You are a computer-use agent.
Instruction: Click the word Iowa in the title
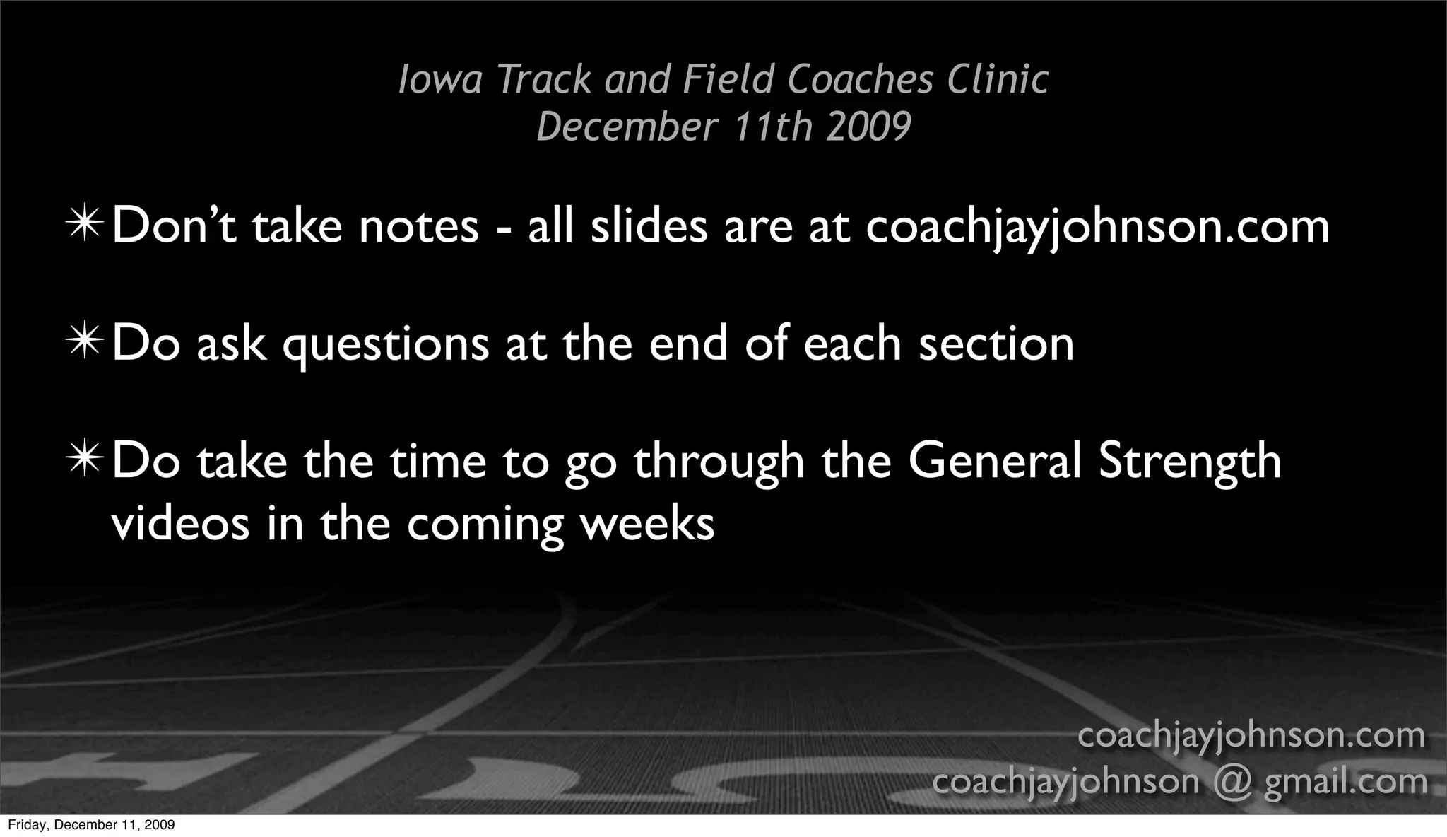pyautogui.click(x=440, y=79)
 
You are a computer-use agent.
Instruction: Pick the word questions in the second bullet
pyautogui.click(x=386, y=345)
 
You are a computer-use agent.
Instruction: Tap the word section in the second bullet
pyautogui.click(x=996, y=344)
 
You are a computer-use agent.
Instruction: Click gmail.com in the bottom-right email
pyautogui.click(x=1345, y=782)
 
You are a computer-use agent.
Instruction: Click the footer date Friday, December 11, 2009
pyautogui.click(x=91, y=825)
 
